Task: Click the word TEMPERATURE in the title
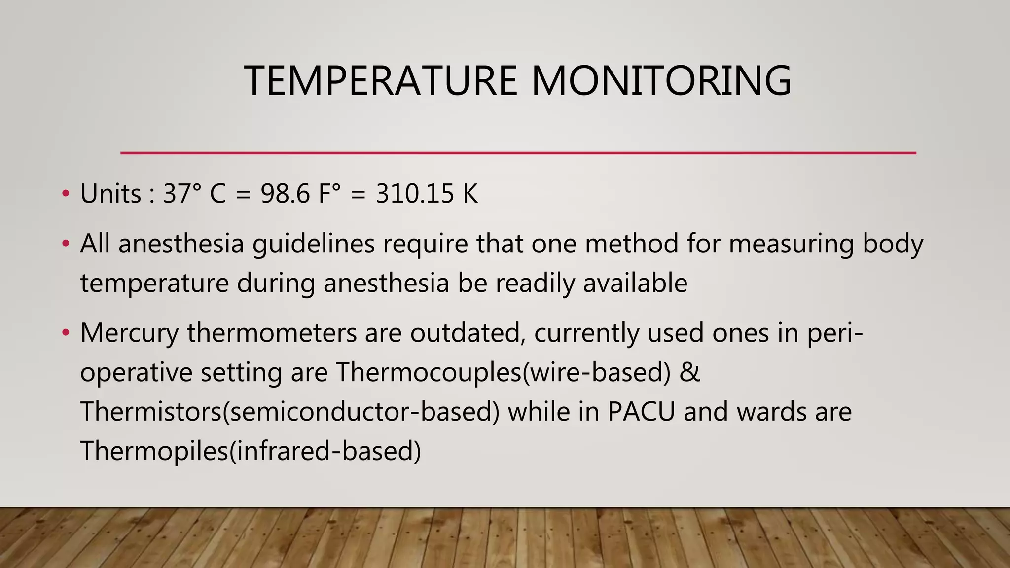point(380,80)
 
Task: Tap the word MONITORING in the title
point(661,80)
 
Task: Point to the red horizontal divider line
point(518,153)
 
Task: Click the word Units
point(110,193)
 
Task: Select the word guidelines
point(314,245)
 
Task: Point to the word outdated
point(468,333)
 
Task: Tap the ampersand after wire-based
point(689,372)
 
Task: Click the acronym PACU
point(641,412)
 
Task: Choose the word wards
point(771,412)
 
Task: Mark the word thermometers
point(272,333)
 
